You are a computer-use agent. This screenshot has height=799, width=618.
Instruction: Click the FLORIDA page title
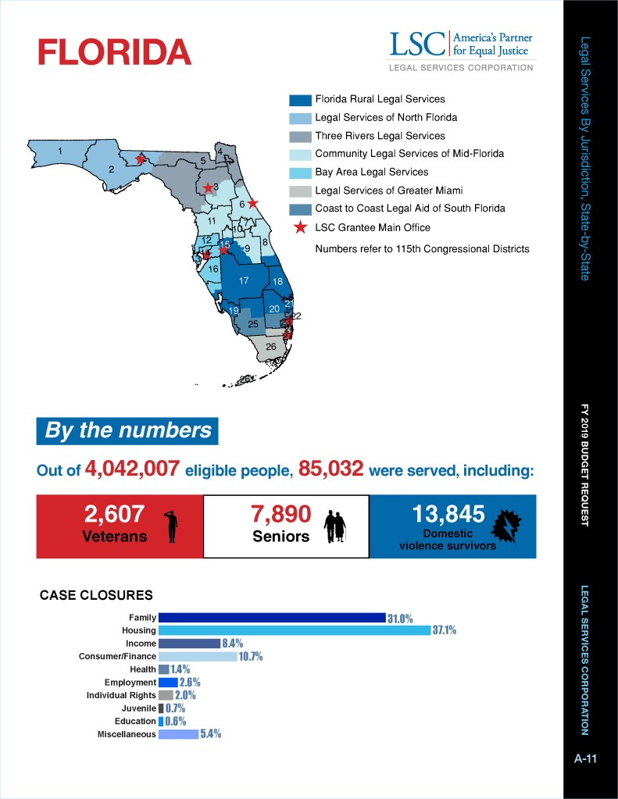tap(114, 52)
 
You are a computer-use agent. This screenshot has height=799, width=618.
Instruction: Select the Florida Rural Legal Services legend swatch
tap(300, 100)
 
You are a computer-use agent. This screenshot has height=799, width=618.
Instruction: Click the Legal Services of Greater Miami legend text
tap(388, 191)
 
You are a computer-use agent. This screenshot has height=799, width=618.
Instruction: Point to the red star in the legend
tap(300, 227)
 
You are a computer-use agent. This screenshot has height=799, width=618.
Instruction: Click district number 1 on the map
tap(59, 150)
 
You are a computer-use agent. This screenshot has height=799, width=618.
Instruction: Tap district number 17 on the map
tap(244, 281)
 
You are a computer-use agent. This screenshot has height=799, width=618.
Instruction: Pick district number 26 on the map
tap(270, 346)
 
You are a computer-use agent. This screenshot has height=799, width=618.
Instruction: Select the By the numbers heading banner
tap(127, 430)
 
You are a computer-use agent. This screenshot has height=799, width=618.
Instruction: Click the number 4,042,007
tap(132, 469)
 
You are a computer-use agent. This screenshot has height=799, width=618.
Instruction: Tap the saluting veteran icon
tap(172, 524)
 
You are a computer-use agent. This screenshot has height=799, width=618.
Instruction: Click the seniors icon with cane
tap(338, 525)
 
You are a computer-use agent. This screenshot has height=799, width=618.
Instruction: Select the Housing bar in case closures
tap(294, 630)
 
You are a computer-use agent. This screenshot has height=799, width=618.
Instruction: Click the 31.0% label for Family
tap(400, 618)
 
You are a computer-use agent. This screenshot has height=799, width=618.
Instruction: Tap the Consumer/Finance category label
tap(117, 656)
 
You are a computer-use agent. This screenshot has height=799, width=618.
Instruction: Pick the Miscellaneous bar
tap(178, 734)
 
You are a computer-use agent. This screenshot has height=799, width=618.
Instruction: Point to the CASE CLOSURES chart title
tap(96, 595)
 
